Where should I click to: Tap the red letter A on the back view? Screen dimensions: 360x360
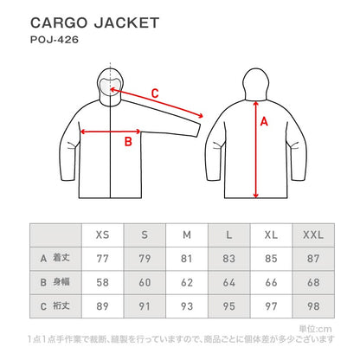pos(264,123)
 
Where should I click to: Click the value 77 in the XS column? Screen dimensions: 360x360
pos(101,259)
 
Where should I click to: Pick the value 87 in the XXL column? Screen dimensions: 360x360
pos(313,259)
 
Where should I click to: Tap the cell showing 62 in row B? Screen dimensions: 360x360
pos(186,282)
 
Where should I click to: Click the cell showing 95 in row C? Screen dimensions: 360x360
pos(228,305)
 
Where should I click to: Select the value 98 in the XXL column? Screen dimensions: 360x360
pos(313,305)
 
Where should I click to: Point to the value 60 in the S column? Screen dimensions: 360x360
pos(144,282)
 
